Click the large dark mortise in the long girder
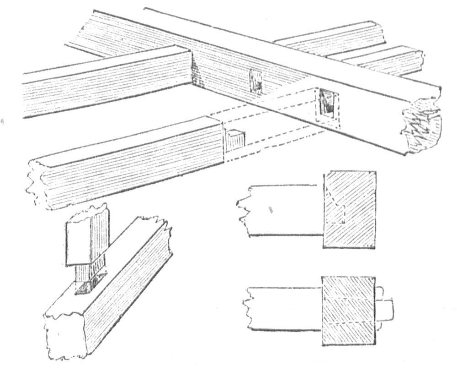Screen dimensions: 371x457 point(327,104)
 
